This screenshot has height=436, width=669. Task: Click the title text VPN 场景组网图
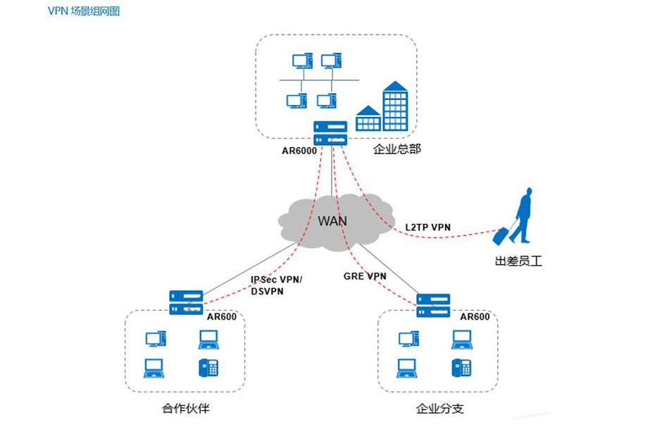pyautogui.click(x=84, y=11)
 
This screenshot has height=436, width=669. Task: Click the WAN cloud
pyautogui.click(x=332, y=220)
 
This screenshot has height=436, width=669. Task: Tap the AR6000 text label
pyautogui.click(x=300, y=150)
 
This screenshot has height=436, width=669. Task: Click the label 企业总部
pyautogui.click(x=397, y=149)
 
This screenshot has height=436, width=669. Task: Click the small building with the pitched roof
pyautogui.click(x=368, y=119)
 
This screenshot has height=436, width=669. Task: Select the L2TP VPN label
pyautogui.click(x=427, y=227)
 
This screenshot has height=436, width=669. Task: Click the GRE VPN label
pyautogui.click(x=365, y=276)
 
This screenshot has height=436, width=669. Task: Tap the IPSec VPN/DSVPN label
pyautogui.click(x=276, y=285)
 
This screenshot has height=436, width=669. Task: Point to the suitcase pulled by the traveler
pyautogui.click(x=501, y=235)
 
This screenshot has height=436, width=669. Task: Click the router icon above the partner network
pyautogui.click(x=187, y=302)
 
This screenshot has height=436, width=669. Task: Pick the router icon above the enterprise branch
pyautogui.click(x=433, y=305)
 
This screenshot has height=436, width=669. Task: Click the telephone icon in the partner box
pyautogui.click(x=208, y=367)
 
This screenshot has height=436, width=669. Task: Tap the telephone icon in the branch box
pyautogui.click(x=461, y=367)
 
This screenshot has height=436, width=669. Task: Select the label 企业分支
pyautogui.click(x=439, y=409)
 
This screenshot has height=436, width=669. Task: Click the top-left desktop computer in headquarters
pyautogui.click(x=301, y=61)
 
